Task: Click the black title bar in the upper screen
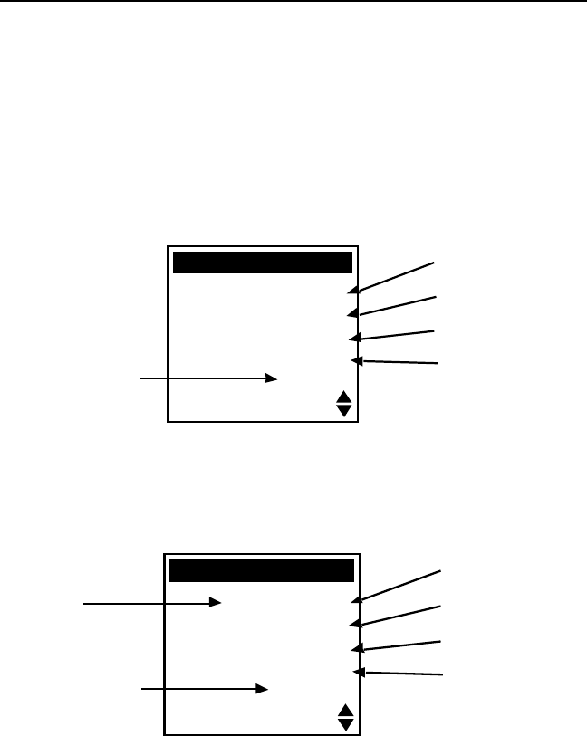[262, 263]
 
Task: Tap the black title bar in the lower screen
[262, 571]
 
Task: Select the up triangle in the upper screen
[343, 397]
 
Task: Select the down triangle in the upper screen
[343, 410]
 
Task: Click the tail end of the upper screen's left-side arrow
[140, 379]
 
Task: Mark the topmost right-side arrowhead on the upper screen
[351, 290]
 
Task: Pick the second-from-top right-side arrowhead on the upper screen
[351, 313]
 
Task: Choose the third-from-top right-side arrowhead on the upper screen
[353, 338]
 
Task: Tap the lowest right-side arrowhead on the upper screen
[356, 361]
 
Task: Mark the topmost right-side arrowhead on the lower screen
[356, 597]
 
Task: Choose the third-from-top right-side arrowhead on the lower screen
[356, 648]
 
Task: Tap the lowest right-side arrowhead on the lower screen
[358, 672]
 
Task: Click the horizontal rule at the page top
[293, 1]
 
